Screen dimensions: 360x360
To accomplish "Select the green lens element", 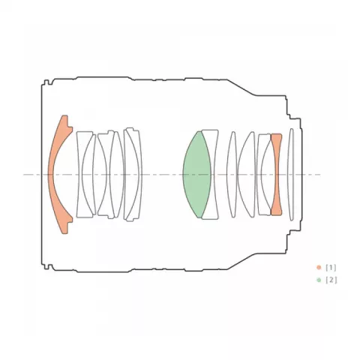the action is click(x=197, y=174).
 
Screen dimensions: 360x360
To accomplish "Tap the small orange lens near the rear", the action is click(x=276, y=174).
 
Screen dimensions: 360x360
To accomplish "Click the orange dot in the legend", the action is click(x=319, y=268).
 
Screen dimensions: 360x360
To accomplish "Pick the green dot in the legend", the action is click(x=319, y=280).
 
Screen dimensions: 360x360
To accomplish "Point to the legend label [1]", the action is click(x=331, y=268).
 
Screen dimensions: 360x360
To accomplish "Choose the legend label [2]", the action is click(x=331, y=280).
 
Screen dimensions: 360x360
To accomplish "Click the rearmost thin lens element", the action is click(x=291, y=174).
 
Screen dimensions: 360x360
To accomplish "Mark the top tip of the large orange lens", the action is click(x=64, y=115).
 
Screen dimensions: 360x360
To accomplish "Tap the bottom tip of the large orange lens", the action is click(x=64, y=234).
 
